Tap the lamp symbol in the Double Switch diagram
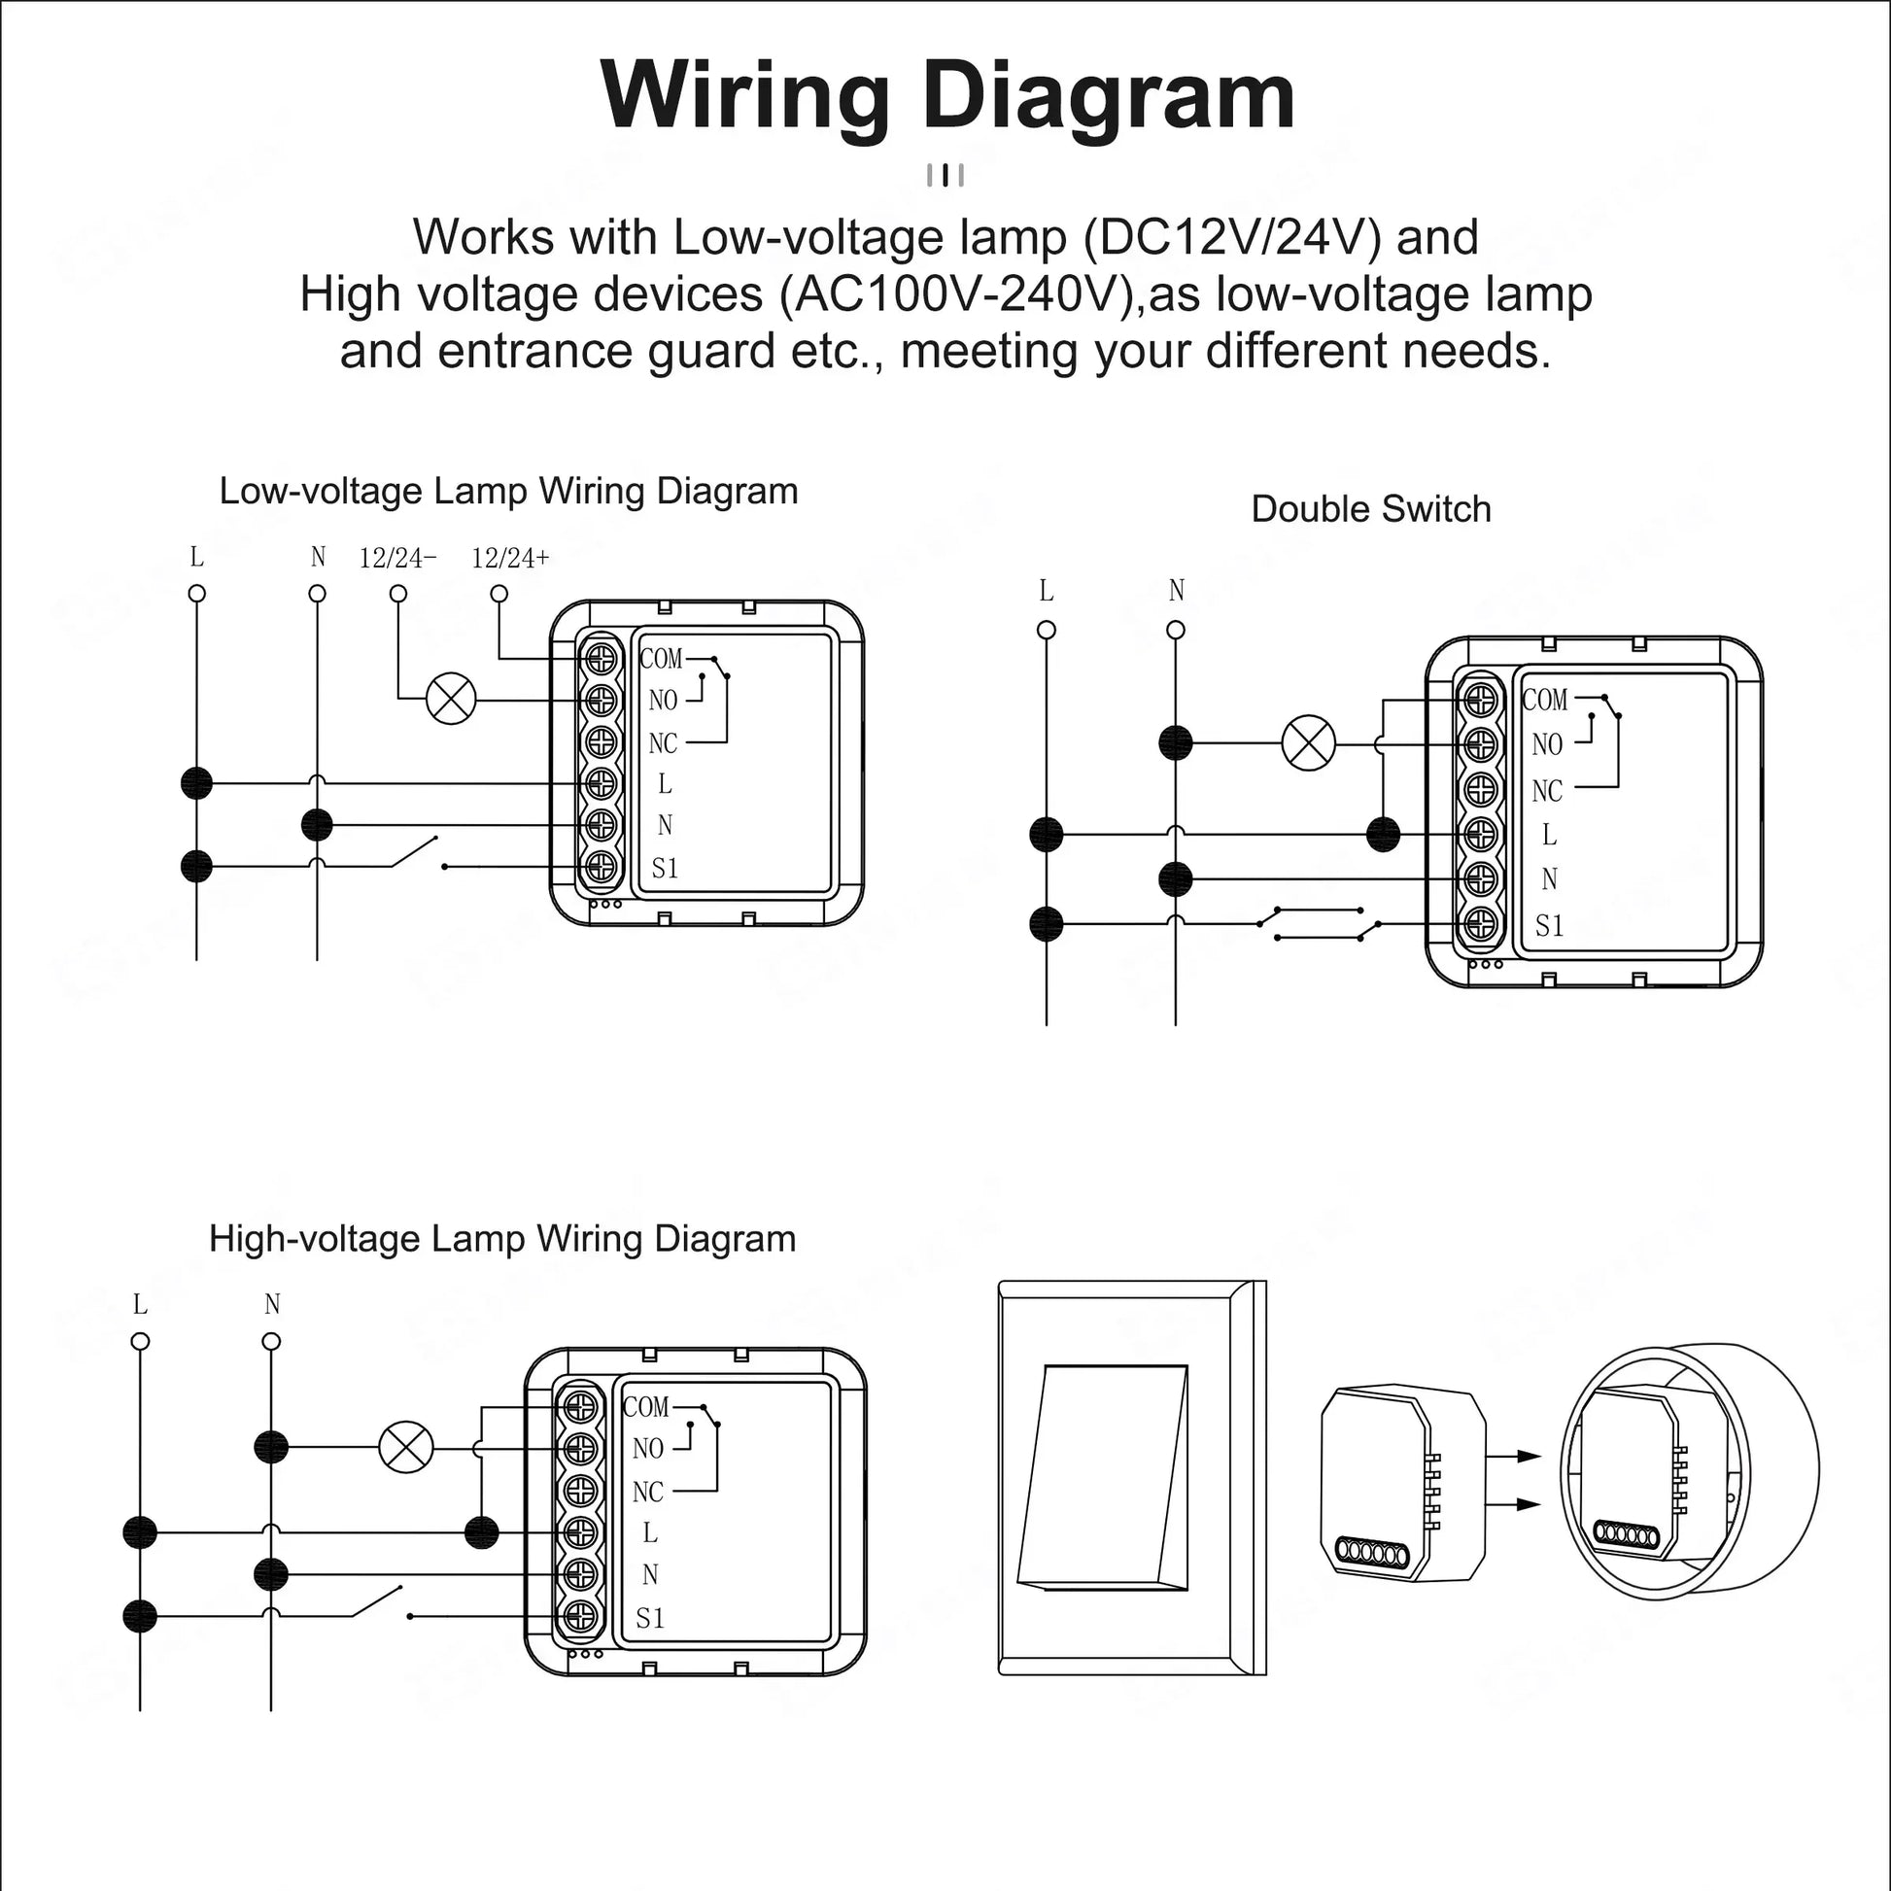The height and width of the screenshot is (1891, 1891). pos(1309,742)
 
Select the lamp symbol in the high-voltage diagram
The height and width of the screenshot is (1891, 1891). pos(406,1448)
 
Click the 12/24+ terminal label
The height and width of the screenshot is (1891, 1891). pos(510,558)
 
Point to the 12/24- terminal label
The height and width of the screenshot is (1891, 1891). pos(397,558)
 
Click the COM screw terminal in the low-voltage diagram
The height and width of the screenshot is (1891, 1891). pos(602,658)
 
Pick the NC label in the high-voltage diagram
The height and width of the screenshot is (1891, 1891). pos(648,1492)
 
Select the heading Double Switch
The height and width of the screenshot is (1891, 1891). pos(1370,509)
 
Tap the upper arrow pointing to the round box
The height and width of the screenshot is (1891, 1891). pos(1513,1456)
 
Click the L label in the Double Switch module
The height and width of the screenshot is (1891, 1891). pos(1548,834)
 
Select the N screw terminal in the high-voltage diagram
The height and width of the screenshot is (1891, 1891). pos(580,1574)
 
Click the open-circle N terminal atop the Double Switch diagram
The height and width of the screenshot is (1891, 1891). pos(1177,630)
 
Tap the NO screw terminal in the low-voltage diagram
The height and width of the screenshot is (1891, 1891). pos(602,700)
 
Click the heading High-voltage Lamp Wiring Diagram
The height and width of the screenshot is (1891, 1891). pos(502,1238)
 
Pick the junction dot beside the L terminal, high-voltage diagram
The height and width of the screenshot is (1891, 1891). pos(481,1532)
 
